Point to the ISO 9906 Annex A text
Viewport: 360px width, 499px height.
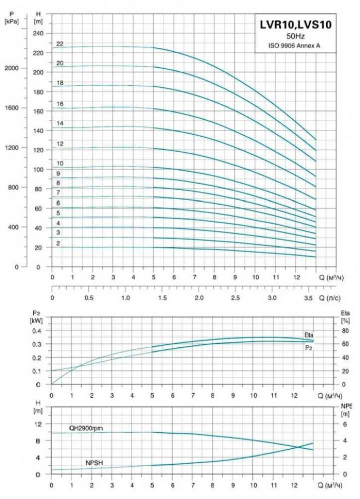(x=295, y=45)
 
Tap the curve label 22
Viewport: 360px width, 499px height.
(x=60, y=44)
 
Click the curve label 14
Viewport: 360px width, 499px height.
(x=60, y=123)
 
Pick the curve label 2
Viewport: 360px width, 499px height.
(x=58, y=244)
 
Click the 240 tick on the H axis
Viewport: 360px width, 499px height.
(x=38, y=33)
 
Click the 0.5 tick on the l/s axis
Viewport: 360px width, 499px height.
(x=89, y=297)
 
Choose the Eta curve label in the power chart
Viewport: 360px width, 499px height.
(x=309, y=334)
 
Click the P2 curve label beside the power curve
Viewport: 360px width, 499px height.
(x=309, y=347)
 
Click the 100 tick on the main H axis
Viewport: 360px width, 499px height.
(x=38, y=170)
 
